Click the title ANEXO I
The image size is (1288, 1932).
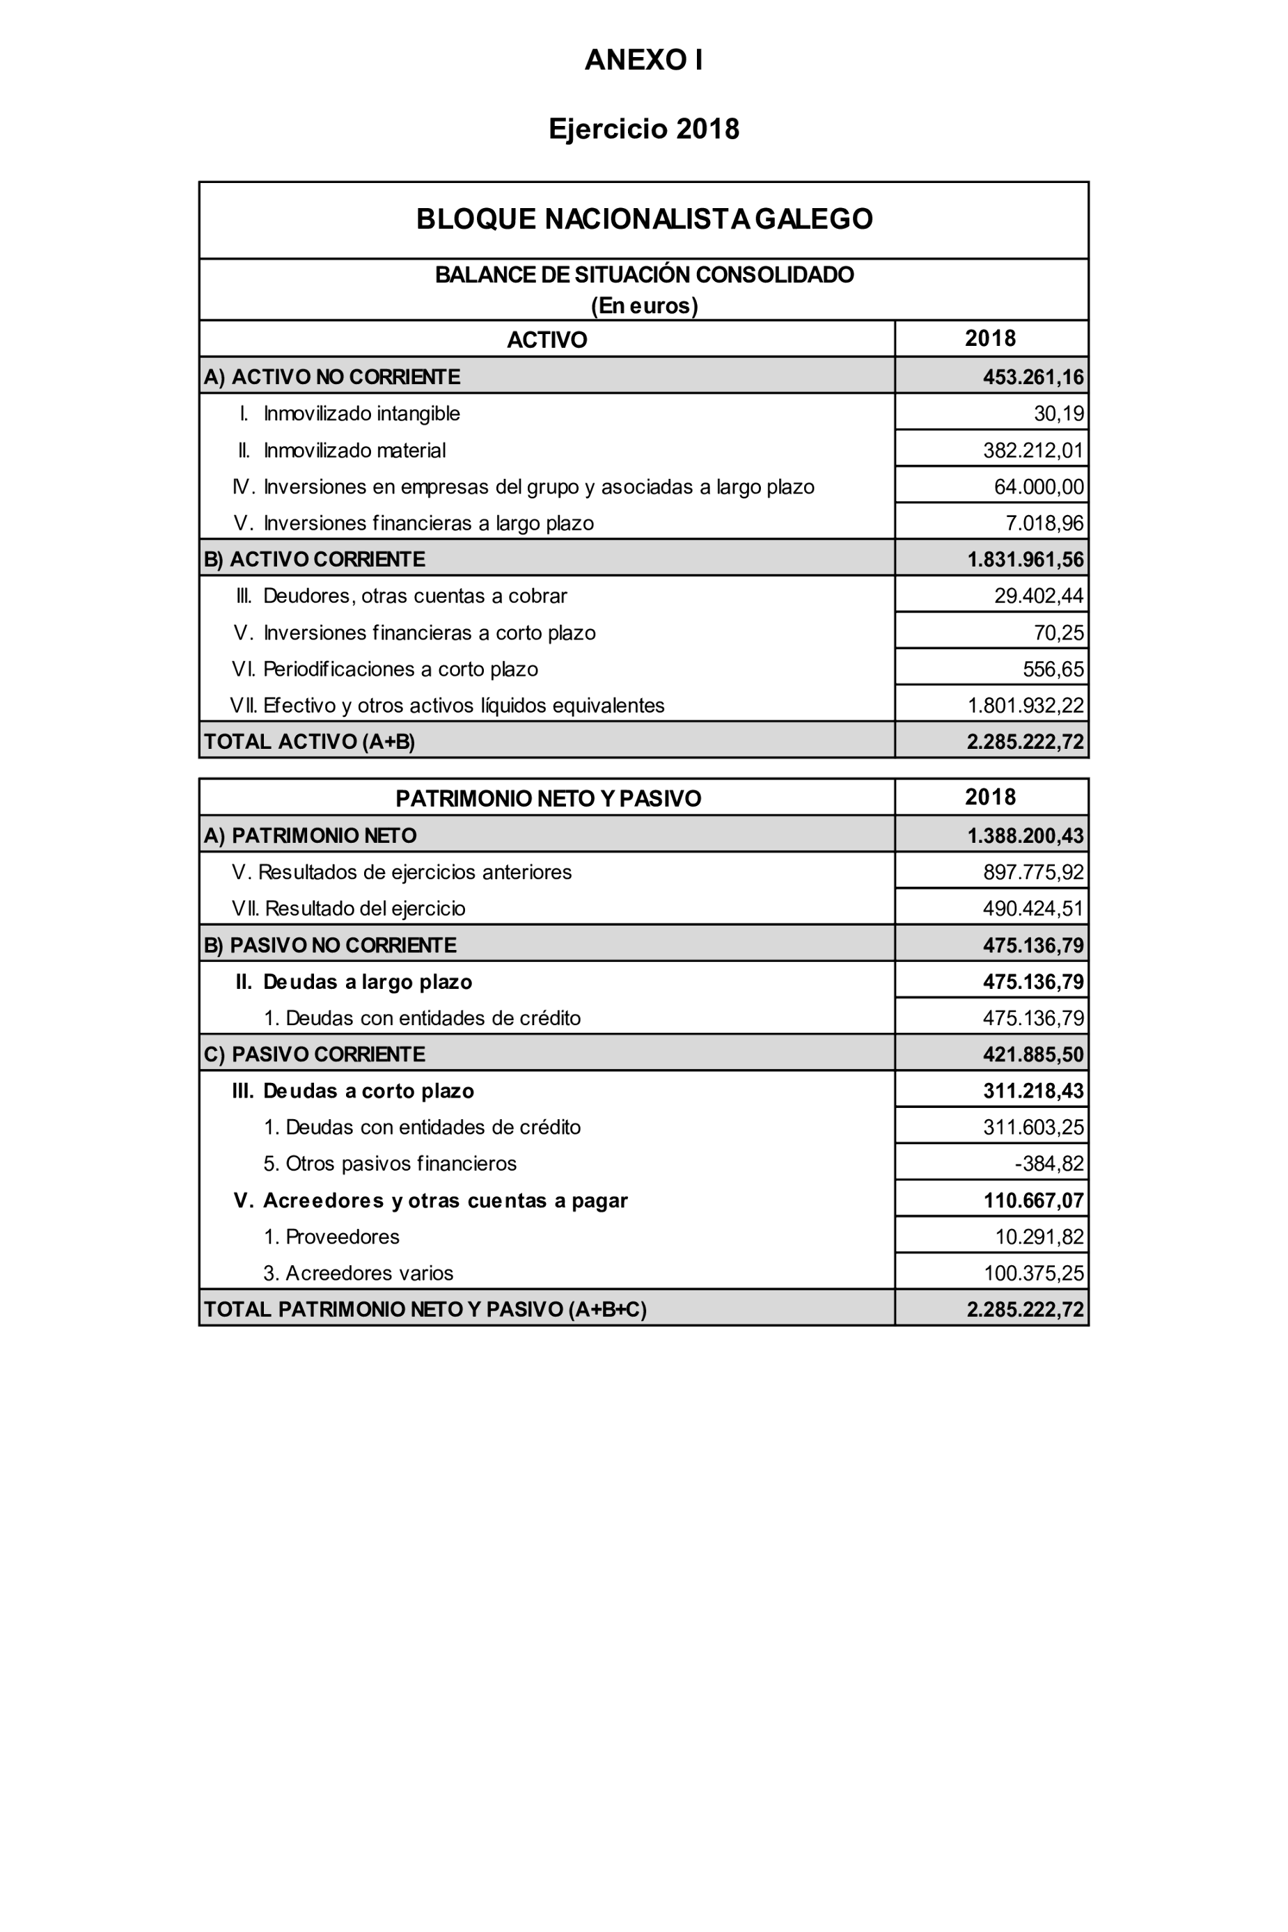point(643,60)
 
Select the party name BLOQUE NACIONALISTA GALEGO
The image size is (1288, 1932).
point(644,219)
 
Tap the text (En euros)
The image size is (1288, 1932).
point(644,306)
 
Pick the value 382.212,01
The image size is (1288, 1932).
point(1032,450)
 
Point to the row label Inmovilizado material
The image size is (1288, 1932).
point(354,450)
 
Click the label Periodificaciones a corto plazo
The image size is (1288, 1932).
point(400,670)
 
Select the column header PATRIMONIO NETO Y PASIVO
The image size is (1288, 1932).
point(548,798)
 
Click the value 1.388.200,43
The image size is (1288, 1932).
point(1025,836)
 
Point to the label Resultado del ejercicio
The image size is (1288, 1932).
point(365,908)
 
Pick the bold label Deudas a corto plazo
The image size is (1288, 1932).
point(368,1091)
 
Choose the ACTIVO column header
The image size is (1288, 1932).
point(547,339)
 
